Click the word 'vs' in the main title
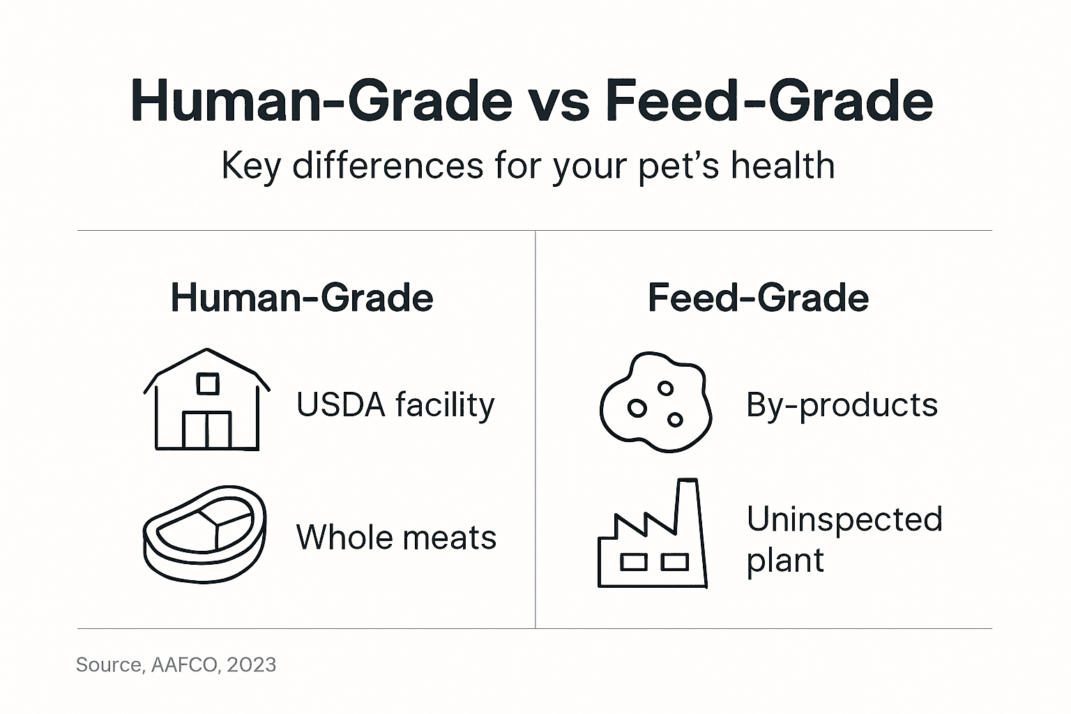point(560,101)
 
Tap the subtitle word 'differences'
point(388,166)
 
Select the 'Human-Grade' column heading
point(302,298)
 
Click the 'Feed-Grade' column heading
point(758,298)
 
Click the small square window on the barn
point(207,383)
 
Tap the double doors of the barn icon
point(207,430)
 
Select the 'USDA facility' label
point(395,405)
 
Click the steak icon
point(205,533)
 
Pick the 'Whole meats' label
point(396,538)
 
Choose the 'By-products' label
point(842,405)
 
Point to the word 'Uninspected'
point(844,519)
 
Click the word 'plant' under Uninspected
point(785,561)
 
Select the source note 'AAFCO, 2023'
point(213,665)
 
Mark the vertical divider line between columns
point(535,429)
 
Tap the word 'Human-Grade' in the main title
point(321,101)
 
